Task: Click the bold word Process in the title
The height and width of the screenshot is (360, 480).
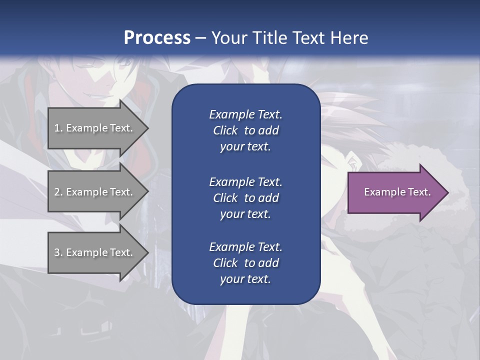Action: [157, 38]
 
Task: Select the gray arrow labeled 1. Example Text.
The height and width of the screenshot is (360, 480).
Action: [95, 128]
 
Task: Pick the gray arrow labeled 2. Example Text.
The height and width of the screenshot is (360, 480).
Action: [95, 192]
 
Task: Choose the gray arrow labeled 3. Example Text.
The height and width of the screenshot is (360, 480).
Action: [95, 252]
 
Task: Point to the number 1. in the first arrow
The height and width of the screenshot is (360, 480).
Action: [58, 128]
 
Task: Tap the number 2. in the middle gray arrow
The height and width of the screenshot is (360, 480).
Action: [58, 192]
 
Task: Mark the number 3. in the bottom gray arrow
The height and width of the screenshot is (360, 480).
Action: [58, 252]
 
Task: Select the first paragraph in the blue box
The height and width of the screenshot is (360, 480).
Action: [245, 130]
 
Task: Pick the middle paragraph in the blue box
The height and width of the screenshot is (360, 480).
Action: [245, 198]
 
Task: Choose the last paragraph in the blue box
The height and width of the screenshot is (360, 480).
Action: [245, 263]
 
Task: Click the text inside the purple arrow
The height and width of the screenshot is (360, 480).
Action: [397, 192]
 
